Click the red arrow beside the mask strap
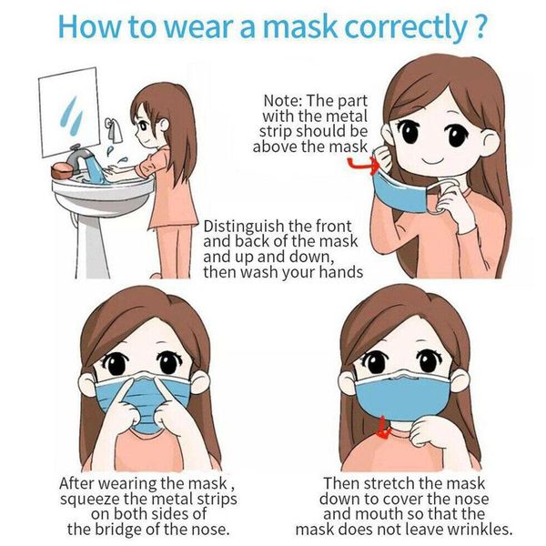(x=361, y=164)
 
